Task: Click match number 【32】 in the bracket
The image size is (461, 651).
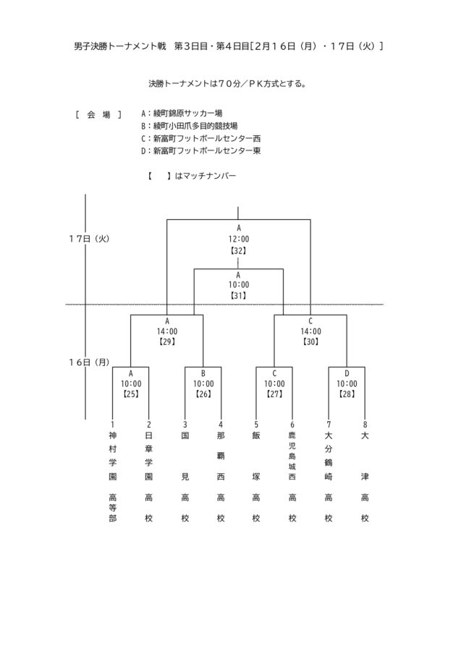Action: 239,250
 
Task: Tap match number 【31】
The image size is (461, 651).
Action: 239,295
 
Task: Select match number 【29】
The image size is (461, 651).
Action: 167,341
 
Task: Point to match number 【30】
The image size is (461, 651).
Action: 310,341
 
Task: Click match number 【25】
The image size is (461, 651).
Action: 130,394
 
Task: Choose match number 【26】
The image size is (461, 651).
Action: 203,394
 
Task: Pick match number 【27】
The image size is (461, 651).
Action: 274,394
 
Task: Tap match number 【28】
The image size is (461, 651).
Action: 347,394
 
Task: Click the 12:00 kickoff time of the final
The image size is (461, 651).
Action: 239,239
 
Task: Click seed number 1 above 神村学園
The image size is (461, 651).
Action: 112,424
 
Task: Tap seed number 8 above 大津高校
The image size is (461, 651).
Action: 365,424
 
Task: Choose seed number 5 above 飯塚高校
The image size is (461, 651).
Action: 256,424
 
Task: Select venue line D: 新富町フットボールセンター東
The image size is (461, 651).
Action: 203,150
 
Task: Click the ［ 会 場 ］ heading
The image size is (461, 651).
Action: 98,114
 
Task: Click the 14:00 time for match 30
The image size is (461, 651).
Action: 310,331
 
